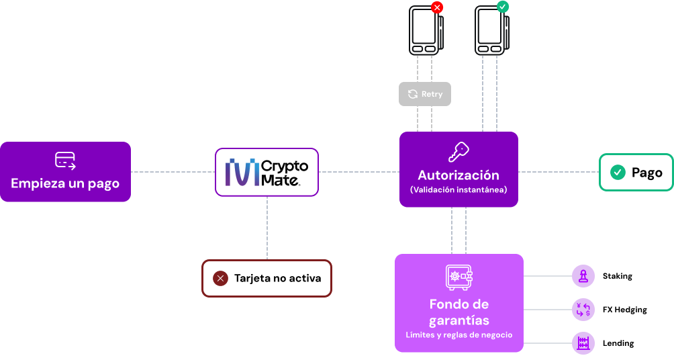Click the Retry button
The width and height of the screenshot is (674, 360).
coord(425,94)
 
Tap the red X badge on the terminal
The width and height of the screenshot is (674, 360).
coord(437,7)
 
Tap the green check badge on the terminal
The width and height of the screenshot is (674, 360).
coord(503,7)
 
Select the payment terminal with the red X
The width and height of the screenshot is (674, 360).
coord(424,31)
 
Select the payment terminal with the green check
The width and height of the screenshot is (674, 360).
coord(490,31)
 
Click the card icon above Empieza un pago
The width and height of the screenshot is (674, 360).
coord(65,160)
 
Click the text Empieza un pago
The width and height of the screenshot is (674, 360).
coord(65,183)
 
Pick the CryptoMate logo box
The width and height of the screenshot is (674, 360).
coord(267,172)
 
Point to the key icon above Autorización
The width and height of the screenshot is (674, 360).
coord(459,152)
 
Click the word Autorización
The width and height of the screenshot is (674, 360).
coord(459,175)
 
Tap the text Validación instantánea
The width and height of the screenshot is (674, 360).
coord(459,190)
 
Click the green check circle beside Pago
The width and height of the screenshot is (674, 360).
coord(618,173)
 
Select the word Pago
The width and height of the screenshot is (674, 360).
coord(646,173)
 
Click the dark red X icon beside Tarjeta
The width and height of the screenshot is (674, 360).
coord(220,278)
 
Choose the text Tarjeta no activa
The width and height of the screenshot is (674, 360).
coord(277,278)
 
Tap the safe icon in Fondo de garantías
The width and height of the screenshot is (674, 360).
coord(459,277)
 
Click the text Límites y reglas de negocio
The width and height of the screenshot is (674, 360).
coord(459,334)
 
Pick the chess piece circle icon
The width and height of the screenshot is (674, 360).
coord(583,275)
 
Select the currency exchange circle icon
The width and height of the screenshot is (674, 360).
coord(583,310)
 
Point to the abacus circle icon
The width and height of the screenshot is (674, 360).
coord(583,343)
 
